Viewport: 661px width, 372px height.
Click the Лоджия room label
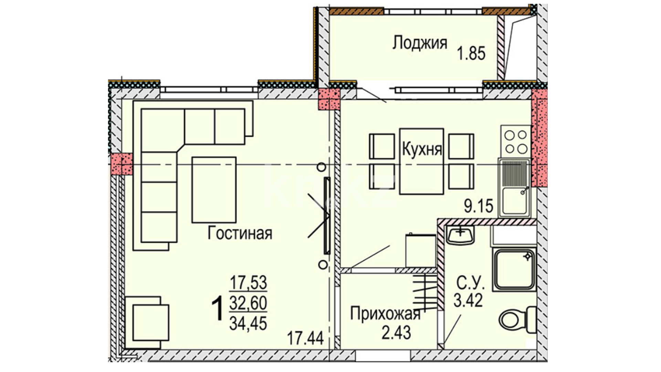(420, 43)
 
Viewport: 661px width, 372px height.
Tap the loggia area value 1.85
(471, 54)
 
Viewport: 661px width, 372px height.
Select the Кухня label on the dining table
(422, 149)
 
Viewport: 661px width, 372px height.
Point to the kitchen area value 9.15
(479, 206)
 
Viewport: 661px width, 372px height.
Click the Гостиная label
(240, 233)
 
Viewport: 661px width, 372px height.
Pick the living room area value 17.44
(306, 338)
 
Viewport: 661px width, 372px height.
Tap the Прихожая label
(385, 314)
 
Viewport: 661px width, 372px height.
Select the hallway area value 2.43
(396, 333)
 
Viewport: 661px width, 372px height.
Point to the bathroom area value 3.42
(468, 300)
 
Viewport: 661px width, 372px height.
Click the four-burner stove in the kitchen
(516, 141)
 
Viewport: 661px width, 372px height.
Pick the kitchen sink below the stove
(515, 188)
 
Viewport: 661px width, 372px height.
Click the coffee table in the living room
(214, 190)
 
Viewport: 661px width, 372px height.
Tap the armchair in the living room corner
(147, 323)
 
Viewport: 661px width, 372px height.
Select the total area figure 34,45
(248, 323)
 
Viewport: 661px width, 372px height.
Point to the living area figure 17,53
(248, 283)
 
